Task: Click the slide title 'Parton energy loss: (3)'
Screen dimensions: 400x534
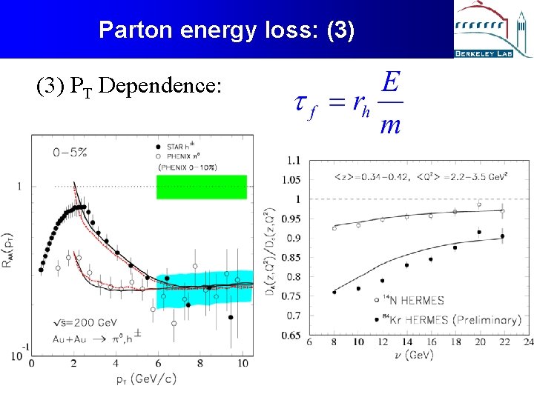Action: click(x=227, y=30)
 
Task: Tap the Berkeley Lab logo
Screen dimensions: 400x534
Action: click(x=493, y=30)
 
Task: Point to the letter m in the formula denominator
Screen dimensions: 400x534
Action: click(x=390, y=125)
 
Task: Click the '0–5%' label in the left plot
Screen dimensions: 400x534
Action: click(x=70, y=153)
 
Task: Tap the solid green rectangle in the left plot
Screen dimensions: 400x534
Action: click(x=201, y=187)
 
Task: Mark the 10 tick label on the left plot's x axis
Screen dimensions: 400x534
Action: click(x=242, y=364)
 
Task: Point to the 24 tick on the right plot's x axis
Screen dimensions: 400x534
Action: click(x=527, y=342)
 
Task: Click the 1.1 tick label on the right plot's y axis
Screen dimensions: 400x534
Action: click(x=294, y=161)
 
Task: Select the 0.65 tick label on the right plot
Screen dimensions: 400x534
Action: click(x=291, y=336)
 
